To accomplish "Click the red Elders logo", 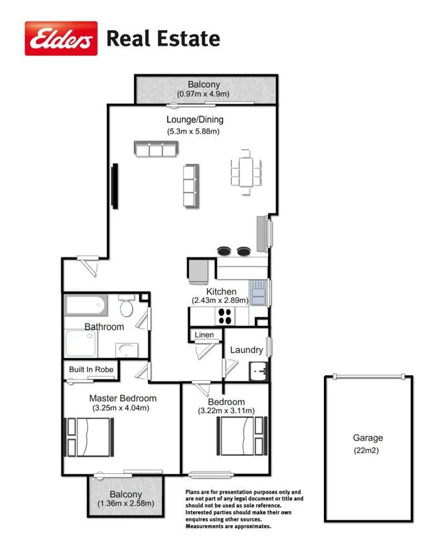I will pos(61,38).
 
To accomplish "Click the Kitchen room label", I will pos(221,292).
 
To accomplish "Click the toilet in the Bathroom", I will pos(126,306).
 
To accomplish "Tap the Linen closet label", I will pos(204,335).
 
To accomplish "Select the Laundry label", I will pos(246,351).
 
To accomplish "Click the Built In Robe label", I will pos(90,369).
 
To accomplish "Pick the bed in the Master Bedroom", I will pos(90,437).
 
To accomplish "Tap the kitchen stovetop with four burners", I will pos(225,315).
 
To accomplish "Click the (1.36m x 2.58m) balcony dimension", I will pos(126,504).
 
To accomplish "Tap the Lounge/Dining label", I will pos(195,119).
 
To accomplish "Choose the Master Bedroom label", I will pos(123,398).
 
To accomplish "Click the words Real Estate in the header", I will pos(163,39).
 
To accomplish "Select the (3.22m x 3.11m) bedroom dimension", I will pos(226,412).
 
